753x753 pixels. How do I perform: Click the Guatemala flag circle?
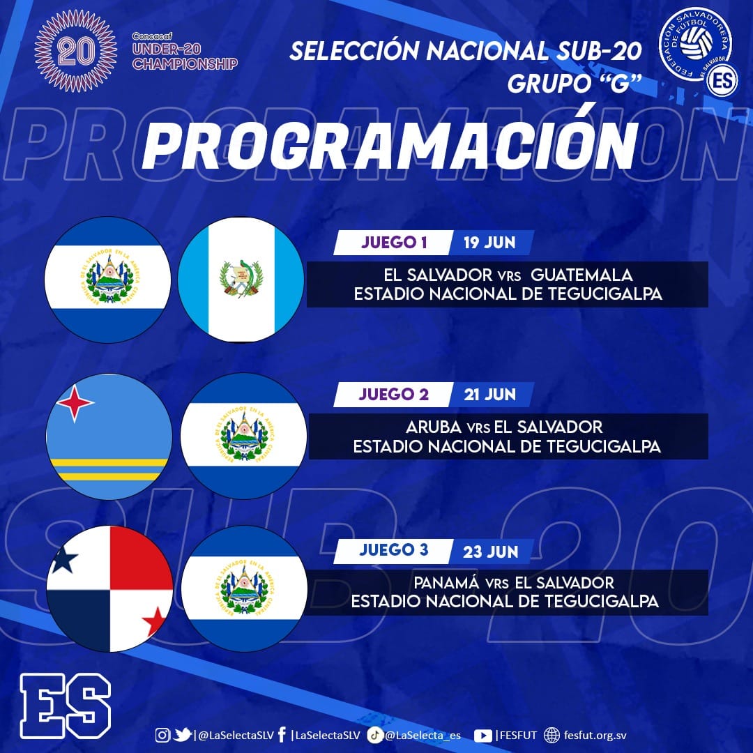[x=241, y=280]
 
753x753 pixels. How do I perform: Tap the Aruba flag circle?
[x=109, y=436]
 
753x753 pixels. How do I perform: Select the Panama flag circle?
[x=109, y=588]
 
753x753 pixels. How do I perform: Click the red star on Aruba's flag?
[x=75, y=402]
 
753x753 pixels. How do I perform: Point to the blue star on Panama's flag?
[x=64, y=559]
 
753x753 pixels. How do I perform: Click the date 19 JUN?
[x=489, y=243]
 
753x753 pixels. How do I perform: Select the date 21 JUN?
[x=490, y=394]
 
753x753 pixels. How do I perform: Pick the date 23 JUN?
[x=490, y=552]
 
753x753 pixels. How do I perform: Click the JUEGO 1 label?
[x=394, y=243]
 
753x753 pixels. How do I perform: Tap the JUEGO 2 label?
[x=394, y=394]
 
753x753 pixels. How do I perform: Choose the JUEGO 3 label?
[x=394, y=550]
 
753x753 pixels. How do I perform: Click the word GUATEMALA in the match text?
[x=581, y=275]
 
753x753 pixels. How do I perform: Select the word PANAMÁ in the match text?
[x=447, y=582]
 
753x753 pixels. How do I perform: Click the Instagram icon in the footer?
[x=162, y=735]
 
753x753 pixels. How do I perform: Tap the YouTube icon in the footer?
[x=482, y=736]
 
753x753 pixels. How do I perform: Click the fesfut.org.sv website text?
[x=595, y=736]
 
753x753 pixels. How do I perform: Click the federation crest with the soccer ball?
[x=696, y=44]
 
